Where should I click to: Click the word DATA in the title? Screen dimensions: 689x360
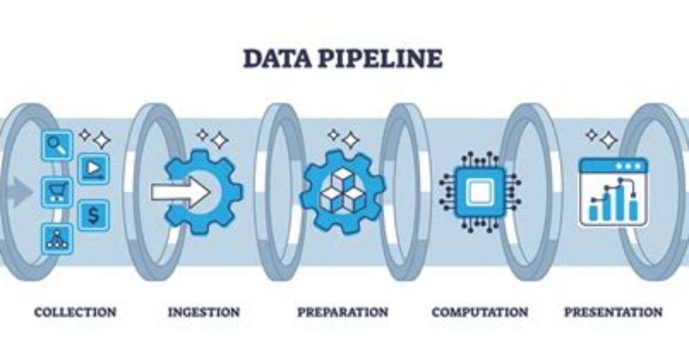pyautogui.click(x=277, y=59)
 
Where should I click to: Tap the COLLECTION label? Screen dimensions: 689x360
pyautogui.click(x=75, y=312)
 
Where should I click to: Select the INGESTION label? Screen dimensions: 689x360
pyautogui.click(x=204, y=312)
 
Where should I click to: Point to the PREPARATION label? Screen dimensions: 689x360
pyautogui.click(x=343, y=312)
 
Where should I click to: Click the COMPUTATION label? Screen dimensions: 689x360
pyautogui.click(x=480, y=312)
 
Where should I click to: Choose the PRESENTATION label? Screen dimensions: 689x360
pyautogui.click(x=613, y=312)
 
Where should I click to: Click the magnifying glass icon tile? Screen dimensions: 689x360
pyautogui.click(x=57, y=145)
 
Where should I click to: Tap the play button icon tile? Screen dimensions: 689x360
pyautogui.click(x=94, y=169)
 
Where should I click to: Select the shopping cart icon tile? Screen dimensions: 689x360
pyautogui.click(x=57, y=192)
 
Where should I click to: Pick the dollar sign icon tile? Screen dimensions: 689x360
pyautogui.click(x=94, y=215)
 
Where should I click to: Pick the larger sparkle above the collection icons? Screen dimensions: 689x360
pyautogui.click(x=102, y=141)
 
